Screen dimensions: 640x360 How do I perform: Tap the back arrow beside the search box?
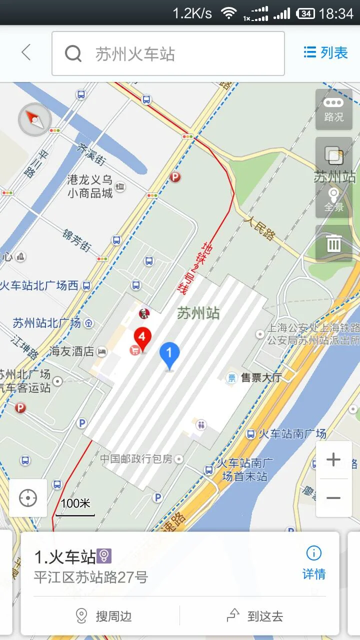coord(26,52)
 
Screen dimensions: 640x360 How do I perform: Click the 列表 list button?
coord(325,52)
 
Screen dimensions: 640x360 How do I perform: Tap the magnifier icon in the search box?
coord(73,53)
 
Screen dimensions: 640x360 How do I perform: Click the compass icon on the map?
coord(34,119)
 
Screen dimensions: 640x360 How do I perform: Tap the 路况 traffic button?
coord(333,109)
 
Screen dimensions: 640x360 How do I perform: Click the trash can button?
coord(333,243)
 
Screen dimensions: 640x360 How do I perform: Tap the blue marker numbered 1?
coord(169,355)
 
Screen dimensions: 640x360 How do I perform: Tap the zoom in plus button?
coord(333,459)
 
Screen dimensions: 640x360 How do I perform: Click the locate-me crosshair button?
coord(28,498)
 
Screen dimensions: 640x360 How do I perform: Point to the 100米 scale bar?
coord(75,506)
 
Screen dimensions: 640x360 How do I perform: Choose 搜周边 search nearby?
coord(104,616)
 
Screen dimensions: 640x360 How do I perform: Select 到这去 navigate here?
coord(255,616)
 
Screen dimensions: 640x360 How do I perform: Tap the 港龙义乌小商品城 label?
coord(90,186)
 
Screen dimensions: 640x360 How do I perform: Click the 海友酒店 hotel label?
coord(72,351)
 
